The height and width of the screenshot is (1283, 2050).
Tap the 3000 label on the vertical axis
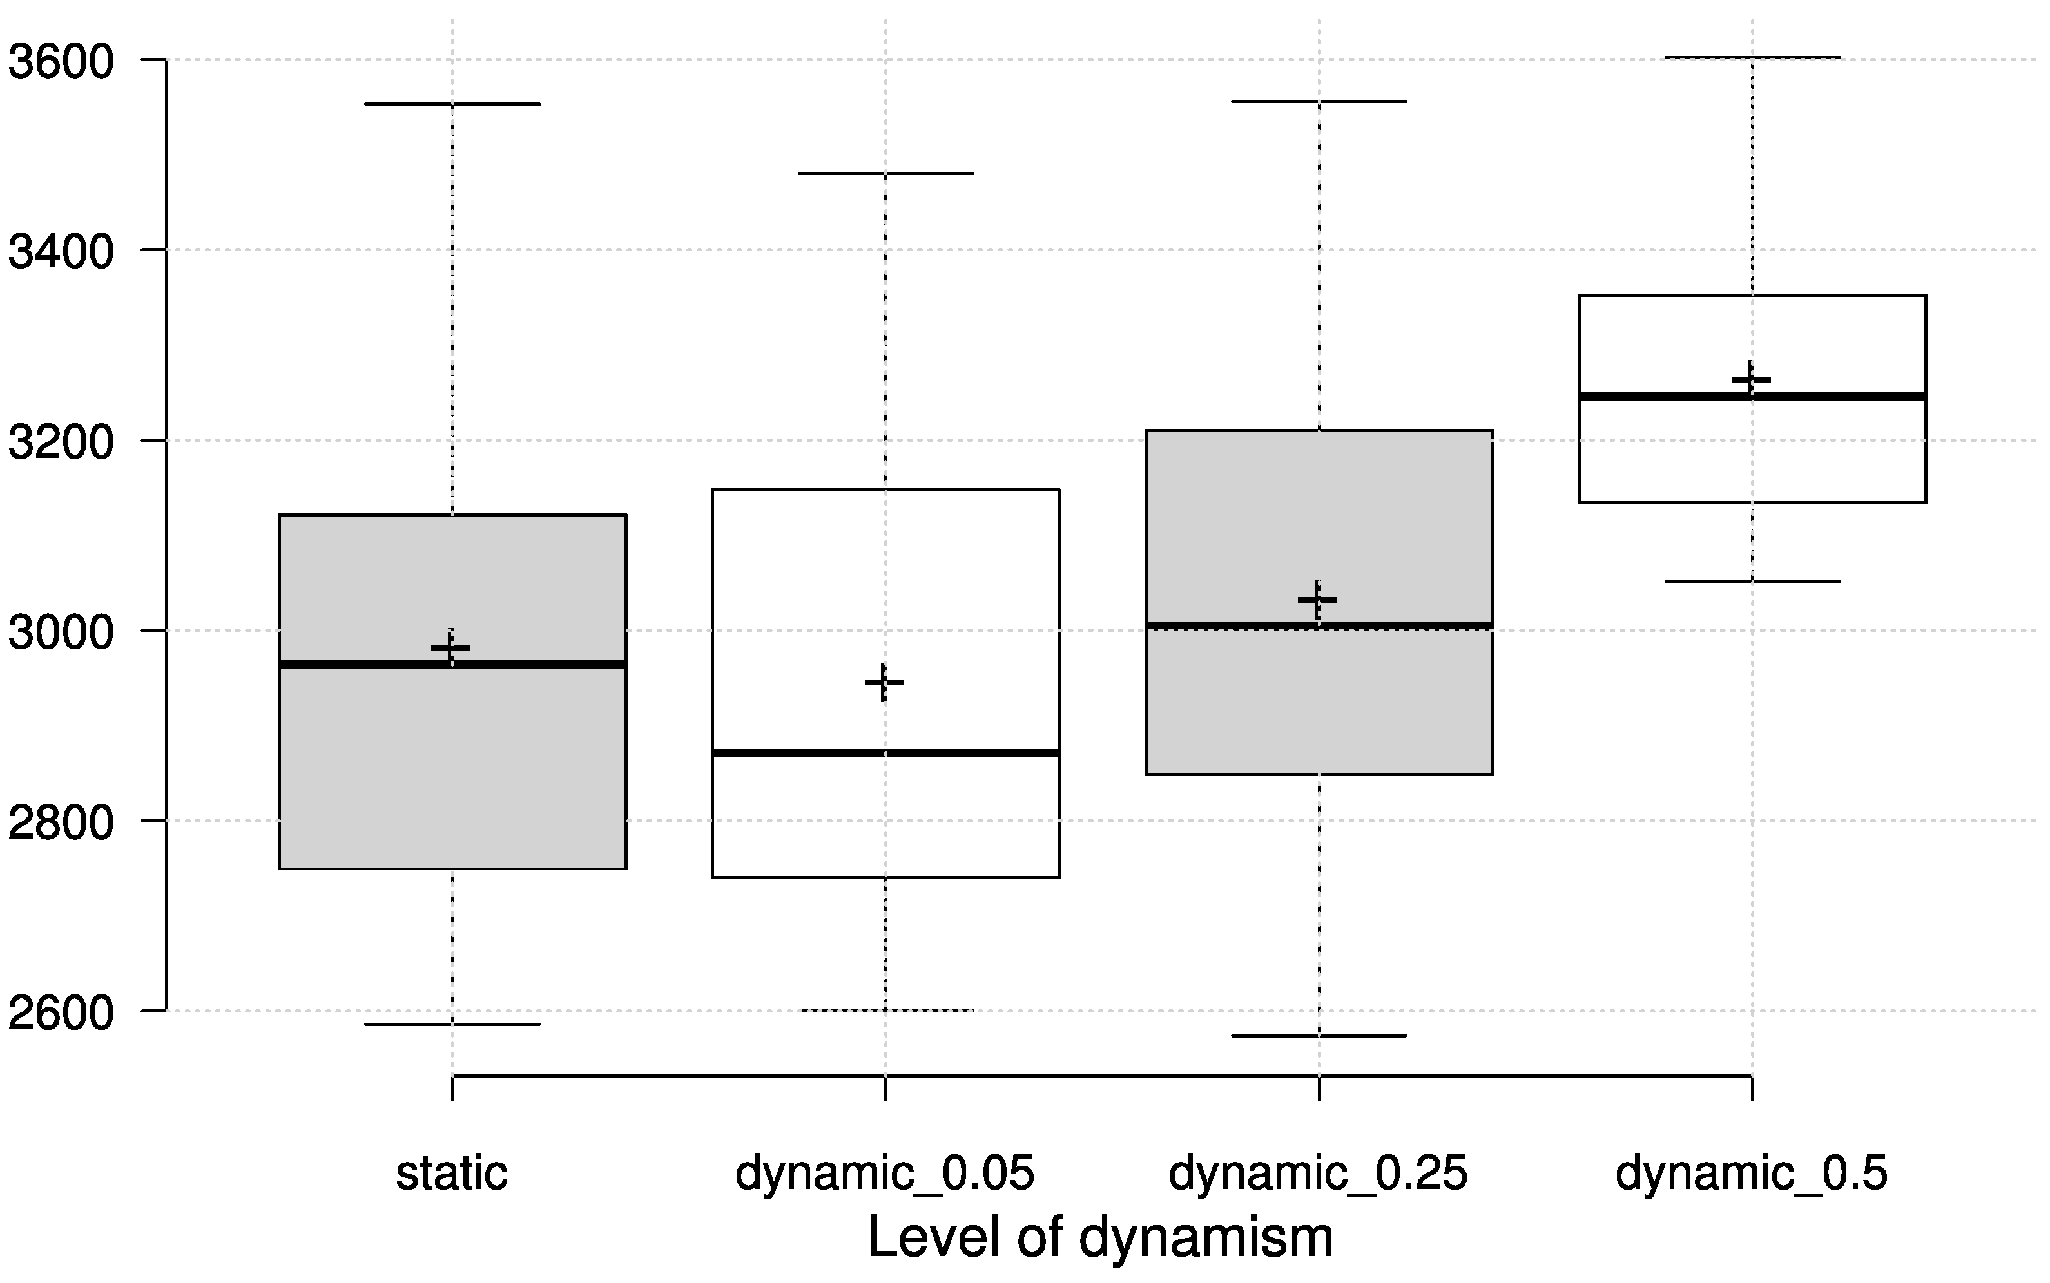[59, 632]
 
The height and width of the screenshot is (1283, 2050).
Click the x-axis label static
[452, 1174]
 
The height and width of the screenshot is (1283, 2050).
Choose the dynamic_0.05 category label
[885, 1174]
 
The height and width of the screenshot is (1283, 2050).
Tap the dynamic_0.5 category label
[1751, 1174]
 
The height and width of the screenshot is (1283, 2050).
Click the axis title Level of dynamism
[1100, 1237]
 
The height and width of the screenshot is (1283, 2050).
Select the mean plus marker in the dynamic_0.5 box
[1750, 379]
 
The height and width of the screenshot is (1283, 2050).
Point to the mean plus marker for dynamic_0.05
[884, 682]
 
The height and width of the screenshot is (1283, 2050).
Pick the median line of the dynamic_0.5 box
[1850, 396]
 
